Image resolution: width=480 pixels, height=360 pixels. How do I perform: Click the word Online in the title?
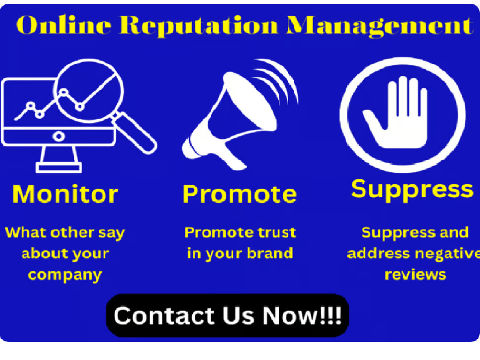tap(64, 25)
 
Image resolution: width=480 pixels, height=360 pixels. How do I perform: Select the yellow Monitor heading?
tap(65, 194)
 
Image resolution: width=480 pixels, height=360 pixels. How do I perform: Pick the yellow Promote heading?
tap(240, 194)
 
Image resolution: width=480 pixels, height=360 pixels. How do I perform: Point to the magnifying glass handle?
tap(135, 132)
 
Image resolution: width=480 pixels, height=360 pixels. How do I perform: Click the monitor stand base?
tap(59, 168)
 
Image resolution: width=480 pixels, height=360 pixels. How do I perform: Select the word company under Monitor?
tap(65, 275)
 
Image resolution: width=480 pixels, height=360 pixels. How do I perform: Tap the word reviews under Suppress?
tap(415, 275)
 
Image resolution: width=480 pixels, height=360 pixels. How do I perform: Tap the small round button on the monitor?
tap(59, 136)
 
